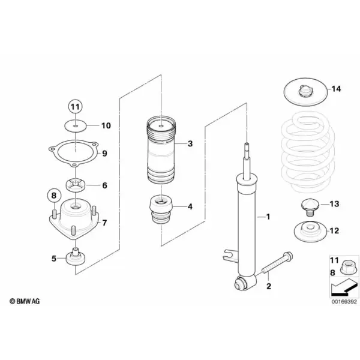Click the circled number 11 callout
76,107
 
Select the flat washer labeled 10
76,126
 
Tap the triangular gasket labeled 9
73,152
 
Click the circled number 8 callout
54,196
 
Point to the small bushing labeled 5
76,257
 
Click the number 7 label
104,223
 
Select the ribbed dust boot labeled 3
161,151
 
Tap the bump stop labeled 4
161,209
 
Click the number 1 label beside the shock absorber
268,217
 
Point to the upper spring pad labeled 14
305,92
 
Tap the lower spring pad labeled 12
310,232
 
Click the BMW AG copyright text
25,301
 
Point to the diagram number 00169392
344,301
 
